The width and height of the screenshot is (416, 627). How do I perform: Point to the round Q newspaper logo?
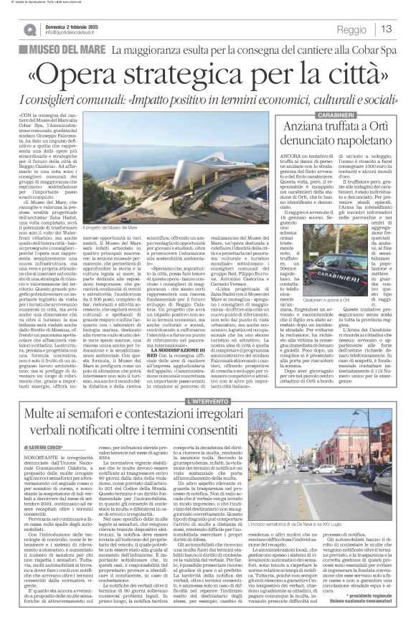(x=29, y=29)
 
